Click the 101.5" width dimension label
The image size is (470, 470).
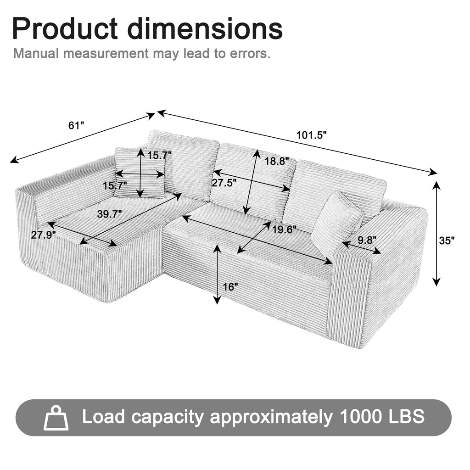point(311,135)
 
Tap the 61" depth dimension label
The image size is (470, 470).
point(76,125)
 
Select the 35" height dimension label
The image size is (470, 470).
point(447,240)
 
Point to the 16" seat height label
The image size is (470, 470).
point(230,287)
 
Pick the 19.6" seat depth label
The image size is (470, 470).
point(285,229)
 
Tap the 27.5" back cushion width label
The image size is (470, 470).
point(224,183)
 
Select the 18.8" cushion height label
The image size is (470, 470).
point(277,161)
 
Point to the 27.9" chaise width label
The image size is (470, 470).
point(44,235)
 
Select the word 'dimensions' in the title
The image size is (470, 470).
point(205,28)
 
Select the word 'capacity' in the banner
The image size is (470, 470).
point(168,417)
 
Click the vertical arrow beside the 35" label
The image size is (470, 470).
point(436,234)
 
